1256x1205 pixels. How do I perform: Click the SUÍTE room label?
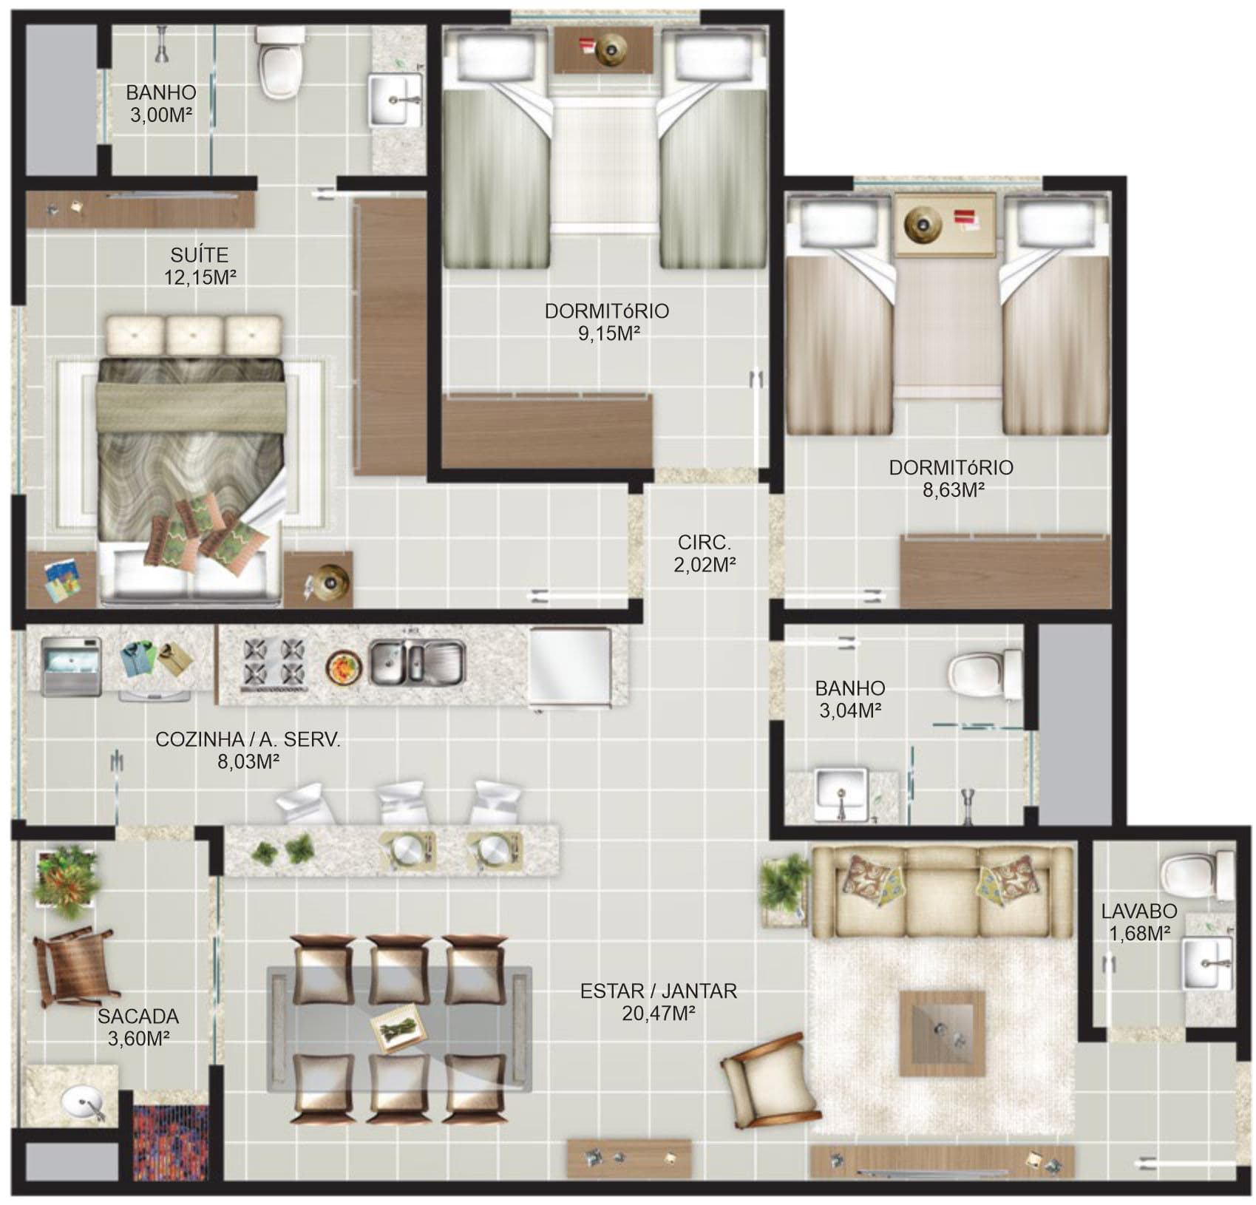click(x=199, y=255)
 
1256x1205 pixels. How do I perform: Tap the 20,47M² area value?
click(x=658, y=1013)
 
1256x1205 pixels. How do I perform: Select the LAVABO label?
click(x=1139, y=912)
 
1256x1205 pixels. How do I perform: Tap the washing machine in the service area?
click(x=71, y=666)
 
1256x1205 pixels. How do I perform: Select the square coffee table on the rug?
click(x=942, y=1033)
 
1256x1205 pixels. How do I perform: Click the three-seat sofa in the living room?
click(x=943, y=892)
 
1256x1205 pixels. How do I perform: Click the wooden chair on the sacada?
click(x=75, y=966)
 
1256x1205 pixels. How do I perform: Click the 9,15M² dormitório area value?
click(x=608, y=333)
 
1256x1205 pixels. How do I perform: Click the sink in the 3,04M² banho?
click(x=840, y=795)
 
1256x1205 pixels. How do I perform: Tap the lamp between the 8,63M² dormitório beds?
click(x=920, y=221)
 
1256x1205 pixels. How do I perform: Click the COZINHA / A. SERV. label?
click(x=248, y=740)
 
